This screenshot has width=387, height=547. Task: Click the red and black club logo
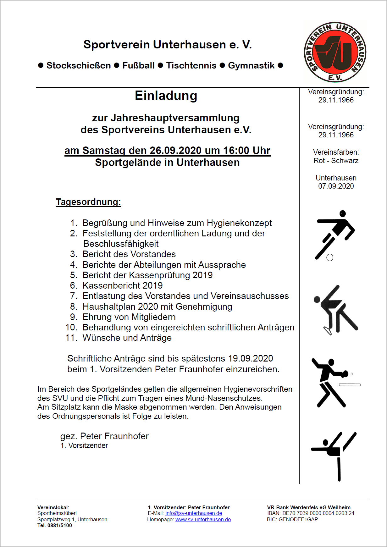[335, 52]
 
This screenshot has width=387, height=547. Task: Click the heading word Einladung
[166, 96]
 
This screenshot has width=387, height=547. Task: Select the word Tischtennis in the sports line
[191, 65]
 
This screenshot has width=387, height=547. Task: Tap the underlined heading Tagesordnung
[88, 202]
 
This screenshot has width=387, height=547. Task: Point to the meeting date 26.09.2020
[175, 151]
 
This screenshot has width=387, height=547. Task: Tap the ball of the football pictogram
[330, 258]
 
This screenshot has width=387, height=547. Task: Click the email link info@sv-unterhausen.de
[194, 513]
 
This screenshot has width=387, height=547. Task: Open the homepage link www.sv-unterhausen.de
[203, 520]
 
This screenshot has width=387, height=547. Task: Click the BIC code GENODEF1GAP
[298, 519]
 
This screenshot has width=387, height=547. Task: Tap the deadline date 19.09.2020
[251, 358]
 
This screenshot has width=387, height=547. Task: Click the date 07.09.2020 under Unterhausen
[336, 186]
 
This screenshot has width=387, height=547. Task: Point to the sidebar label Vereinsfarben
[336, 152]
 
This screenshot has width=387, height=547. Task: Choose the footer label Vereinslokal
[53, 507]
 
